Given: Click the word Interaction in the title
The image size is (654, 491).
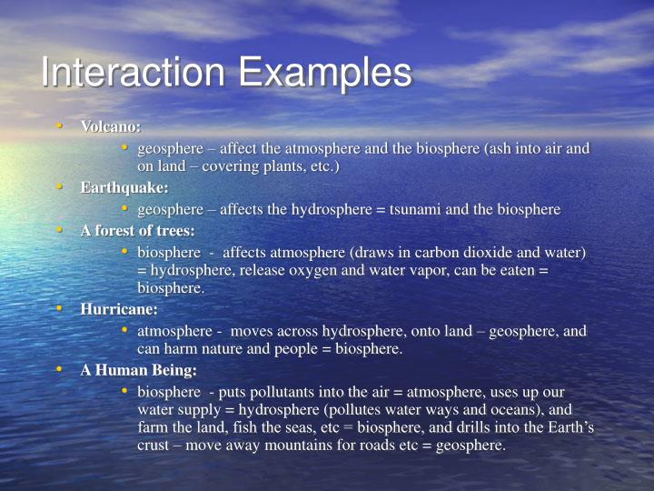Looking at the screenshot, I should tap(127, 73).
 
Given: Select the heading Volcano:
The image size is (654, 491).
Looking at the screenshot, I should tap(111, 126).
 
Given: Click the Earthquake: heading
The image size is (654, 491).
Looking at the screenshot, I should tap(124, 187).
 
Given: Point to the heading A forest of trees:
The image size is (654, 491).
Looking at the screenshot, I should tap(137, 230).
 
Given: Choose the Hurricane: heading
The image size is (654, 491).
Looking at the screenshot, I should tap(119, 309).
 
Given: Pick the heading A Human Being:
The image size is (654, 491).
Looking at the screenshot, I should tap(138, 370).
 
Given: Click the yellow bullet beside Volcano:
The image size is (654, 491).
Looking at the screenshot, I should tap(59, 125).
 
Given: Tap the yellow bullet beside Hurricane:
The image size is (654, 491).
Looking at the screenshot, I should tap(59, 309).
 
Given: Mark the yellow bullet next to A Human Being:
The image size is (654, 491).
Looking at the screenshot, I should tap(59, 369).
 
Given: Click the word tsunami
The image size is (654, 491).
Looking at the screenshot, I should tap(415, 209).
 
